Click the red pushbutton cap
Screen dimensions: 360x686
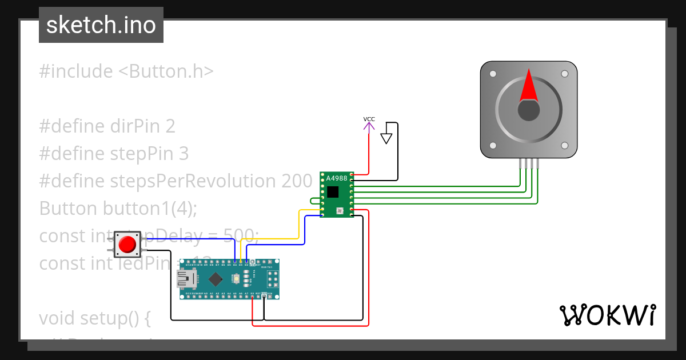pyautogui.click(x=127, y=245)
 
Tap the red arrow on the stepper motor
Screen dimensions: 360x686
pyautogui.click(x=529, y=86)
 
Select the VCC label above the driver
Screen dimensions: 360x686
pyautogui.click(x=369, y=119)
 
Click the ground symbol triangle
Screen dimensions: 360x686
pyautogui.click(x=386, y=138)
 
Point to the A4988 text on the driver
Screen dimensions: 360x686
pyautogui.click(x=337, y=178)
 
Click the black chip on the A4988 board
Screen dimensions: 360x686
pyautogui.click(x=333, y=191)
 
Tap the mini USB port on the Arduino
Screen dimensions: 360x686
pyautogui.click(x=186, y=279)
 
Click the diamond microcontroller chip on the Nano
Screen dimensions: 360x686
pyautogui.click(x=216, y=279)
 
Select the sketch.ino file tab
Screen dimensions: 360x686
pyautogui.click(x=101, y=25)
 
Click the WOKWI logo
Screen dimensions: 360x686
pyautogui.click(x=607, y=315)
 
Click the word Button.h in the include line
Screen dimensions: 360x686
pyautogui.click(x=166, y=71)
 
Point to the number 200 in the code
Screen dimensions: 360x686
pyautogui.click(x=297, y=181)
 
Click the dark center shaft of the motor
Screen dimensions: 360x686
pyautogui.click(x=529, y=110)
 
